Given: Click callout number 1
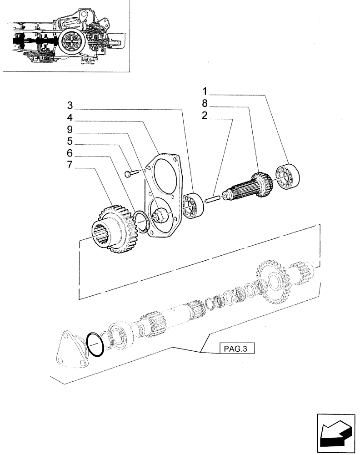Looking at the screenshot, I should pos(205,91).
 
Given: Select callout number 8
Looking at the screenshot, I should pos(205,103).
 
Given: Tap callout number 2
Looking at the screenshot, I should pos(205,116).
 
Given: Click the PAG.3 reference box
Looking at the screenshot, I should pos(237,349).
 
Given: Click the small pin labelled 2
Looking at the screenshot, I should pos(213,198).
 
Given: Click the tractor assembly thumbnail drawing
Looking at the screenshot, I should pos(66,36).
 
